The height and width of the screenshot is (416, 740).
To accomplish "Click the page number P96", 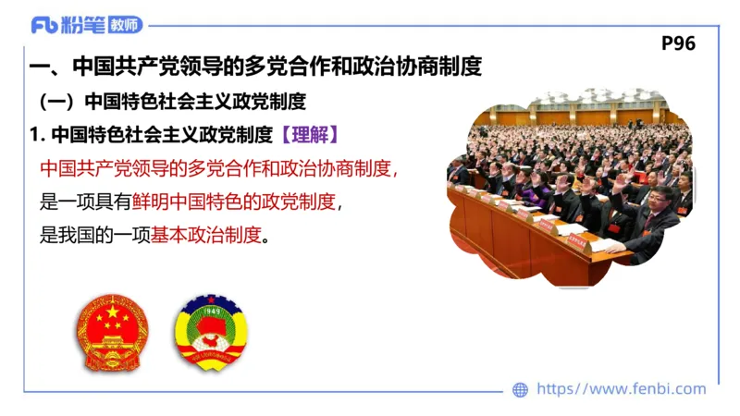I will click(x=679, y=43).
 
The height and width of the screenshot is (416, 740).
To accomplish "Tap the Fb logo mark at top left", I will click(x=43, y=25).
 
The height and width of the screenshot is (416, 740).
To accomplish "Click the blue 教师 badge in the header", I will click(x=126, y=25).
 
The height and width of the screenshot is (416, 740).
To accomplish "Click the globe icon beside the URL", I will click(x=521, y=389).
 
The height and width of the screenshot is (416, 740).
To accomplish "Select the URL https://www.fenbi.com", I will click(x=621, y=389).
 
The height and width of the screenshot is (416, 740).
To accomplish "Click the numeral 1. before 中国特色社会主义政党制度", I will click(x=36, y=134).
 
